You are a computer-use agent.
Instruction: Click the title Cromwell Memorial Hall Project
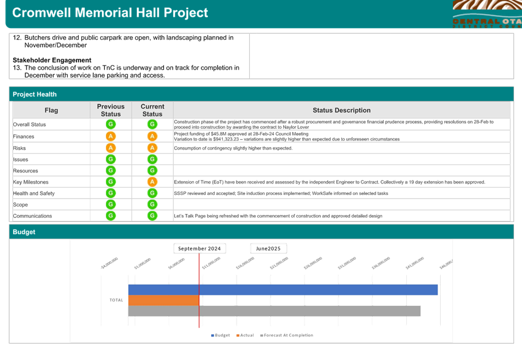coord(110,13)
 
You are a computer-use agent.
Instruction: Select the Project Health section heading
coord(35,94)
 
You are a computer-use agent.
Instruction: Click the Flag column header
coord(51,110)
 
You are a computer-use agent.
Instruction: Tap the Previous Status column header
coord(111,110)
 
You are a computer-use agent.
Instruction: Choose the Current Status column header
coord(153,110)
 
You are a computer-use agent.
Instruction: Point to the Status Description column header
coord(341,110)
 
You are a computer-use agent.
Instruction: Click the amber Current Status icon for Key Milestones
coord(153,182)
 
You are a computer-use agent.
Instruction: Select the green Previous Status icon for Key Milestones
coord(111,182)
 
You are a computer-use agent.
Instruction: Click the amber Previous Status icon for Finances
coord(111,136)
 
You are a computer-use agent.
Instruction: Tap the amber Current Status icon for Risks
coord(153,148)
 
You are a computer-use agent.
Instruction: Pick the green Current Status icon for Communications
coord(153,216)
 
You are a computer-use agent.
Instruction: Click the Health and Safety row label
coord(34,193)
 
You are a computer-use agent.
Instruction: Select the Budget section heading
coord(24,232)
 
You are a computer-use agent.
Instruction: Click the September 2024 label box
coord(199,248)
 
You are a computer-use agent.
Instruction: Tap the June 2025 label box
coord(268,248)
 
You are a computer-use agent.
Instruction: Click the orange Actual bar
coord(163,300)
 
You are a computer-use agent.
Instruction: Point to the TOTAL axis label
coord(116,300)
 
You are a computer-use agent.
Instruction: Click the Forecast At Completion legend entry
coord(287,335)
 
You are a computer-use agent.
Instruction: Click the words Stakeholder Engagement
coord(52,60)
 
